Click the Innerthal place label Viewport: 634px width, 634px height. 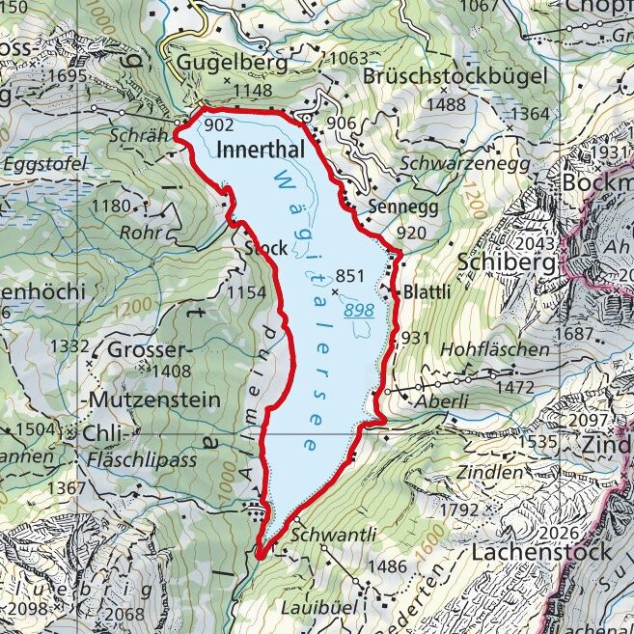point(261,150)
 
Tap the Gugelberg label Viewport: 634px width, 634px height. point(233,64)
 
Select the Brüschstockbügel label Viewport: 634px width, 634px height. point(456,76)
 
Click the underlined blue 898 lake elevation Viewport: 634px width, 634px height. point(357,309)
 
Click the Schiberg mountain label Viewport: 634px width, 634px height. point(508,262)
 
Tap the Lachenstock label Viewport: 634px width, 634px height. point(541,552)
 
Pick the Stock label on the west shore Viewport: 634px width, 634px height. point(266,248)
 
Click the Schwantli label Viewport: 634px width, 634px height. point(345,536)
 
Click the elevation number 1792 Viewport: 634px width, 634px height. point(457,509)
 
